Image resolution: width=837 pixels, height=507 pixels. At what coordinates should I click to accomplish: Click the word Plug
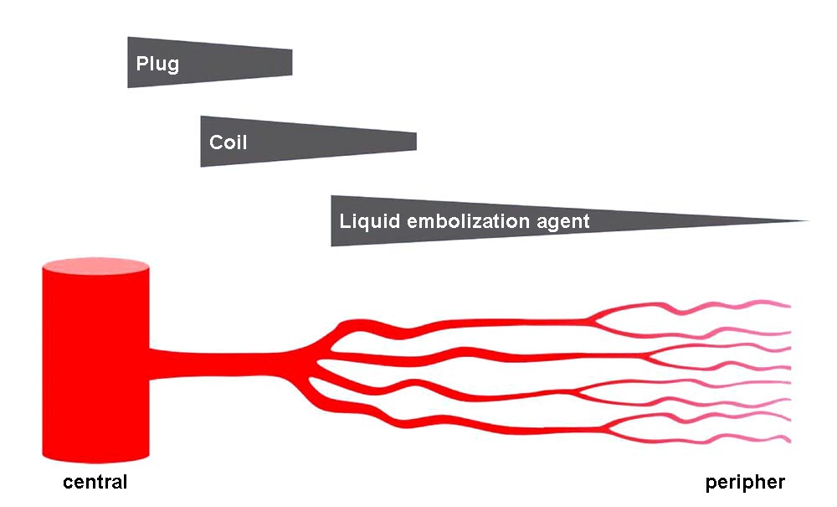157,64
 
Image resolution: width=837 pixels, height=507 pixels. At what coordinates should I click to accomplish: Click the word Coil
228,142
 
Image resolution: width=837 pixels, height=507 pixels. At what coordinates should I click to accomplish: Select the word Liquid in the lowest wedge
366,222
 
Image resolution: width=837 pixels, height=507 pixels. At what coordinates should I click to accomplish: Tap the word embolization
465,221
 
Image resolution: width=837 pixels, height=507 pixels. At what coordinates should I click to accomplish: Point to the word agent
563,223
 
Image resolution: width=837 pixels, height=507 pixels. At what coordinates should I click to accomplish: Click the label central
95,483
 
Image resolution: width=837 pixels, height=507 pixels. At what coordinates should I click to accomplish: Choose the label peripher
745,483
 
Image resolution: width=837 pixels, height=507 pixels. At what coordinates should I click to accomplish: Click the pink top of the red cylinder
96,268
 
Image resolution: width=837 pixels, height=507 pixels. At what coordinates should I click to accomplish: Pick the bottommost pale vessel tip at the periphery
787,441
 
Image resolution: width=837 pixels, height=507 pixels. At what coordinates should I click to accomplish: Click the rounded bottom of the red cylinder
96,457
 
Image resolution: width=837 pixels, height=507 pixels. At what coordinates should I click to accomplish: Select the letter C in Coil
215,142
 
